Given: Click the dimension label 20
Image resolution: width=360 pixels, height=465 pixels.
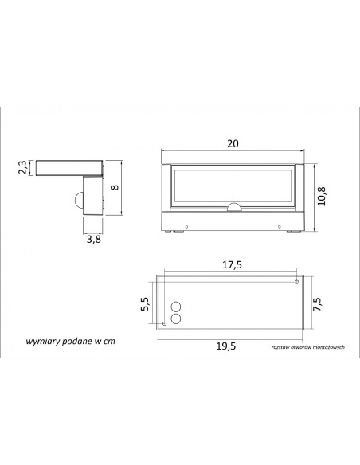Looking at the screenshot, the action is coord(233,143).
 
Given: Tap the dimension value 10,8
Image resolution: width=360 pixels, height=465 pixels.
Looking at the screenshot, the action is coord(322,196).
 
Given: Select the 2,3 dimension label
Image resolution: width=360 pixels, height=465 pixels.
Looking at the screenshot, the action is coord(22,167).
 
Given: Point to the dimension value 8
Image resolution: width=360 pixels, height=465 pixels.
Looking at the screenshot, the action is coord(115,187).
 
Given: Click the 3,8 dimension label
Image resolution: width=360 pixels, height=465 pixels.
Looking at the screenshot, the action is coord(94,239).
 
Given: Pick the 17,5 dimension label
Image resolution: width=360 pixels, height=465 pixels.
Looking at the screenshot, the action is coord(232,264).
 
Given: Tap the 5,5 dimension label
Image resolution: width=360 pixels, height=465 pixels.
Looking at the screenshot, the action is coord(145,303).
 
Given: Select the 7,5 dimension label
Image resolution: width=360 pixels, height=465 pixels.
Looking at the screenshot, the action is coord(317,304).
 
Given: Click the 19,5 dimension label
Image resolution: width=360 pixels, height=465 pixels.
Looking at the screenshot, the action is coord(226,346).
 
